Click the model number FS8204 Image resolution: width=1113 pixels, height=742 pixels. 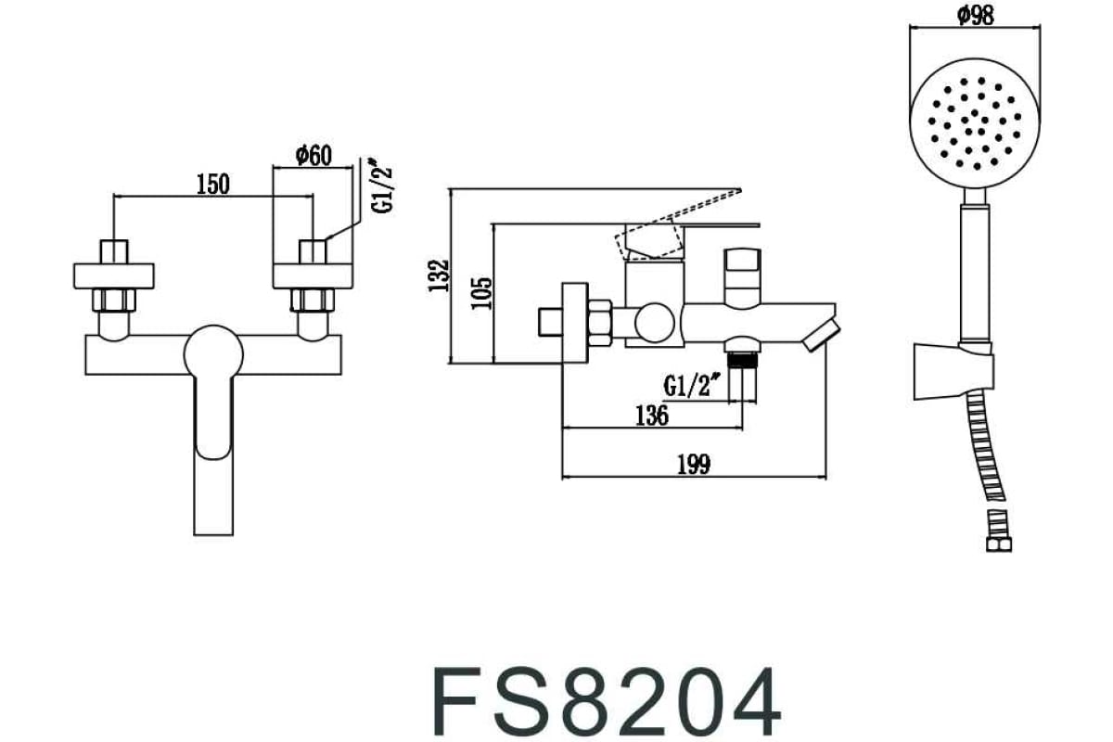[607, 700]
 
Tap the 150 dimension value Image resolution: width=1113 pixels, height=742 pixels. [212, 183]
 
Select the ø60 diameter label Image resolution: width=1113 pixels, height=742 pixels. [313, 155]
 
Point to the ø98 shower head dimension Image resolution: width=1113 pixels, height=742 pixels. [974, 15]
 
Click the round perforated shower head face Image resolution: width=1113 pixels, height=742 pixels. [968, 124]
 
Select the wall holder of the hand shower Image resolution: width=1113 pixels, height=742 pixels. [953, 370]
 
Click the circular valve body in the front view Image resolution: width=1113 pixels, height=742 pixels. [213, 351]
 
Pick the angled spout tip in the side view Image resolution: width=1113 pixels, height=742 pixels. [822, 334]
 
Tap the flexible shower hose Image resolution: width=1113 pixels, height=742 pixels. [989, 454]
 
